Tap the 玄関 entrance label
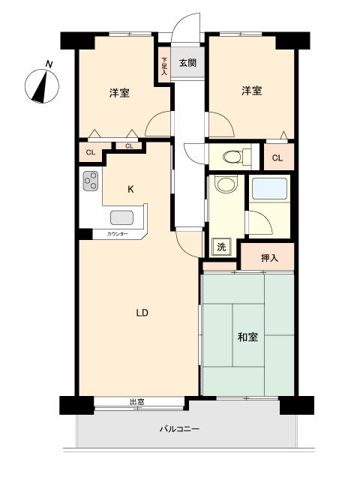coord(187,63)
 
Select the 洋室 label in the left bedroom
coord(118,93)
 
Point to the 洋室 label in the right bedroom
coord(251,91)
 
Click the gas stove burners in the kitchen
coord(91,181)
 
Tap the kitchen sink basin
coord(122,217)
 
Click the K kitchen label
coord(130,189)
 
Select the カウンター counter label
coord(118,235)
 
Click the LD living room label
coord(142,313)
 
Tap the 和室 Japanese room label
coord(248,337)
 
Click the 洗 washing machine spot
coord(222,247)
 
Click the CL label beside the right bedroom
coord(277,157)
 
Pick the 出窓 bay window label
coord(136,402)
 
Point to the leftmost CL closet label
coord(90,153)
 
